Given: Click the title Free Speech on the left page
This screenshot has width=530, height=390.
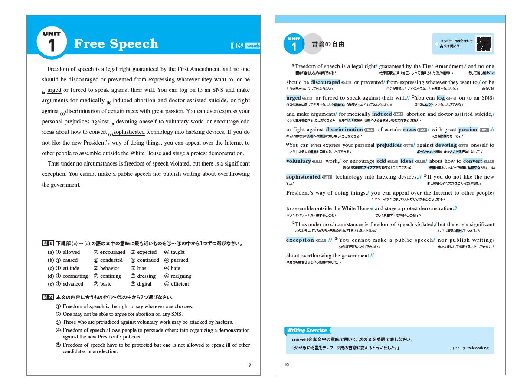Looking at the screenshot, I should point(116,44).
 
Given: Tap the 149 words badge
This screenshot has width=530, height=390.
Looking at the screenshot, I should point(246,45).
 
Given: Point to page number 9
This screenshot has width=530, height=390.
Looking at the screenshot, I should point(250,365).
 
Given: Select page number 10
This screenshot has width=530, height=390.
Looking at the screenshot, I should point(286,365).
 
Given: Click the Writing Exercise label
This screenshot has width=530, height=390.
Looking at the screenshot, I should point(307,331).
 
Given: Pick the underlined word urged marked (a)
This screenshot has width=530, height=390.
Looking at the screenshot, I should point(54,90).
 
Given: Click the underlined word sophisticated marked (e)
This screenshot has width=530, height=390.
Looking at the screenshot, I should point(129,132).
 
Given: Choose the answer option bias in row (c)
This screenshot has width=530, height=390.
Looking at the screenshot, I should point(142,268).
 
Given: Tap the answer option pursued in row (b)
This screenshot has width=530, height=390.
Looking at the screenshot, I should point(179,260).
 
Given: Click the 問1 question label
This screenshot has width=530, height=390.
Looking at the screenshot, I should point(48,244).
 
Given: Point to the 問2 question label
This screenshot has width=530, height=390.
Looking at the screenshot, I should point(48,297).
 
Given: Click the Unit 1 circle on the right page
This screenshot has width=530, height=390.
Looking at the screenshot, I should point(294,44).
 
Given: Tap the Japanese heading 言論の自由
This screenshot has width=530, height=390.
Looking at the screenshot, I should point(328,44).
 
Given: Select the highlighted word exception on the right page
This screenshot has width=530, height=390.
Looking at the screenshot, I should point(300,240).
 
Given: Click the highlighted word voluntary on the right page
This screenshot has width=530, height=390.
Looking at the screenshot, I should point(298,161).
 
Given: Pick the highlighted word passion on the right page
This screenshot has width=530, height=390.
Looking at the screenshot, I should point(468,130).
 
